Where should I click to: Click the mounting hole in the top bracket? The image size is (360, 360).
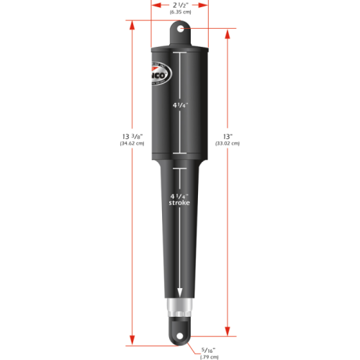tap(180, 30)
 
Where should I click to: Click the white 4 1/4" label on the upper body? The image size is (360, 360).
tap(180, 104)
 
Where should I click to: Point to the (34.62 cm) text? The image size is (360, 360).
tap(132, 145)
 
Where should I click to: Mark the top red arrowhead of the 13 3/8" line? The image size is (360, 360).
tap(133, 24)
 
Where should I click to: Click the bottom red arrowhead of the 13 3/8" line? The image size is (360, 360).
tap(133, 338)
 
